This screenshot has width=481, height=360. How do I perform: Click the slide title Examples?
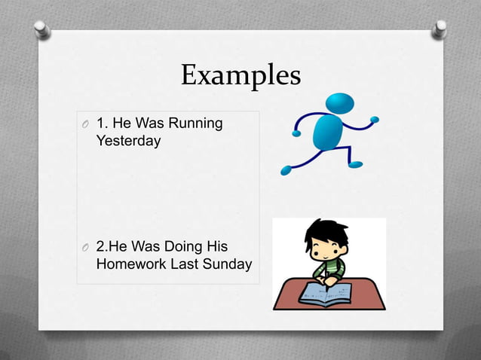click(240, 76)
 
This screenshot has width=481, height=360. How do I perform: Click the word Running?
click(197, 124)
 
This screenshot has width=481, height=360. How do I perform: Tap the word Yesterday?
click(128, 140)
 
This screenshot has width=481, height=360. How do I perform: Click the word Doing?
click(176, 247)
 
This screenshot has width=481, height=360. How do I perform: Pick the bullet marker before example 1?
click(85, 124)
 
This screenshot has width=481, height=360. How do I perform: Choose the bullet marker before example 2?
click(85, 248)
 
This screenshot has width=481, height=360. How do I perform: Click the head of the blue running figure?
click(340, 103)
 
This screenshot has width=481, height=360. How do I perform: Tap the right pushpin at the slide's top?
click(438, 28)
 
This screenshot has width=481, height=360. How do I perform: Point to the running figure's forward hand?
click(375, 119)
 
